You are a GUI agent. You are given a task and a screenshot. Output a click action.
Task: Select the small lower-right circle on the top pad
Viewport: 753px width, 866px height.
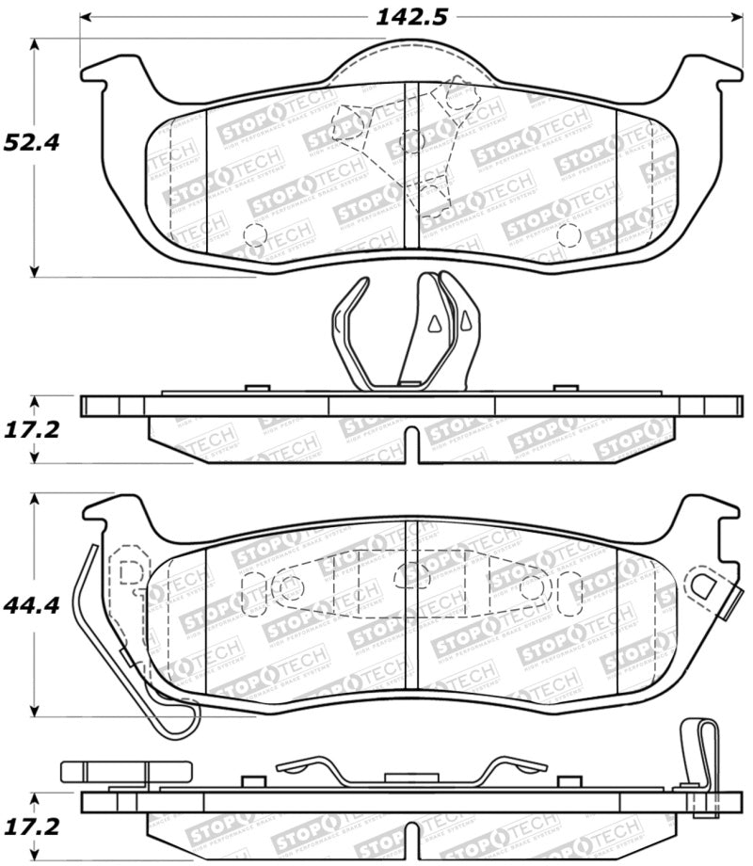click(x=568, y=234)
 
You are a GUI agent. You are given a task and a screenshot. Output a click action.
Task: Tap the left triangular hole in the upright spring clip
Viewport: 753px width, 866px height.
click(x=434, y=324)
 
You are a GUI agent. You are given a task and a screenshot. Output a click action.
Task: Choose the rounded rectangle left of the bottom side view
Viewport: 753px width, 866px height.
click(x=101, y=772)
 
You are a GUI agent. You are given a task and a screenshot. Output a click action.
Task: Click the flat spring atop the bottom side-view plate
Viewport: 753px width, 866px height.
click(x=411, y=770)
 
